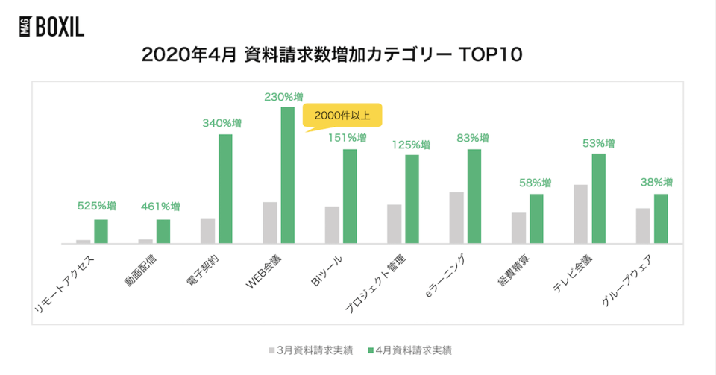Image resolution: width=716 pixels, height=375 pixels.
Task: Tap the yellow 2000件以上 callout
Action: click(x=342, y=116)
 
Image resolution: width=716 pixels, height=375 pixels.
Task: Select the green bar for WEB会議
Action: click(x=287, y=175)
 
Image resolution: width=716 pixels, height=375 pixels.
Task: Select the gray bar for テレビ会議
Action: click(x=580, y=214)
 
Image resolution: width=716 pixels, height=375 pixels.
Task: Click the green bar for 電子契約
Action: click(x=225, y=189)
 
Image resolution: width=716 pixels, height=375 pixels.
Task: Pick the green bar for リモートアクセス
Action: click(x=101, y=231)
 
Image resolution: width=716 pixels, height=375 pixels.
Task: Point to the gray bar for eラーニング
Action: click(x=456, y=218)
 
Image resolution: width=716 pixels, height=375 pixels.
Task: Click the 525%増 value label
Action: click(x=98, y=207)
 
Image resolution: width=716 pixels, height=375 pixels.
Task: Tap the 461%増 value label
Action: click(x=160, y=207)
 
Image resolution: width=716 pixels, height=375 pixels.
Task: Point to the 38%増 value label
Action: click(x=657, y=182)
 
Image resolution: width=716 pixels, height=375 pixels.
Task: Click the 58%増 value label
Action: click(x=533, y=182)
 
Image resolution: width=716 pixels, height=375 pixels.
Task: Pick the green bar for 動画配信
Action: click(x=163, y=231)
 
